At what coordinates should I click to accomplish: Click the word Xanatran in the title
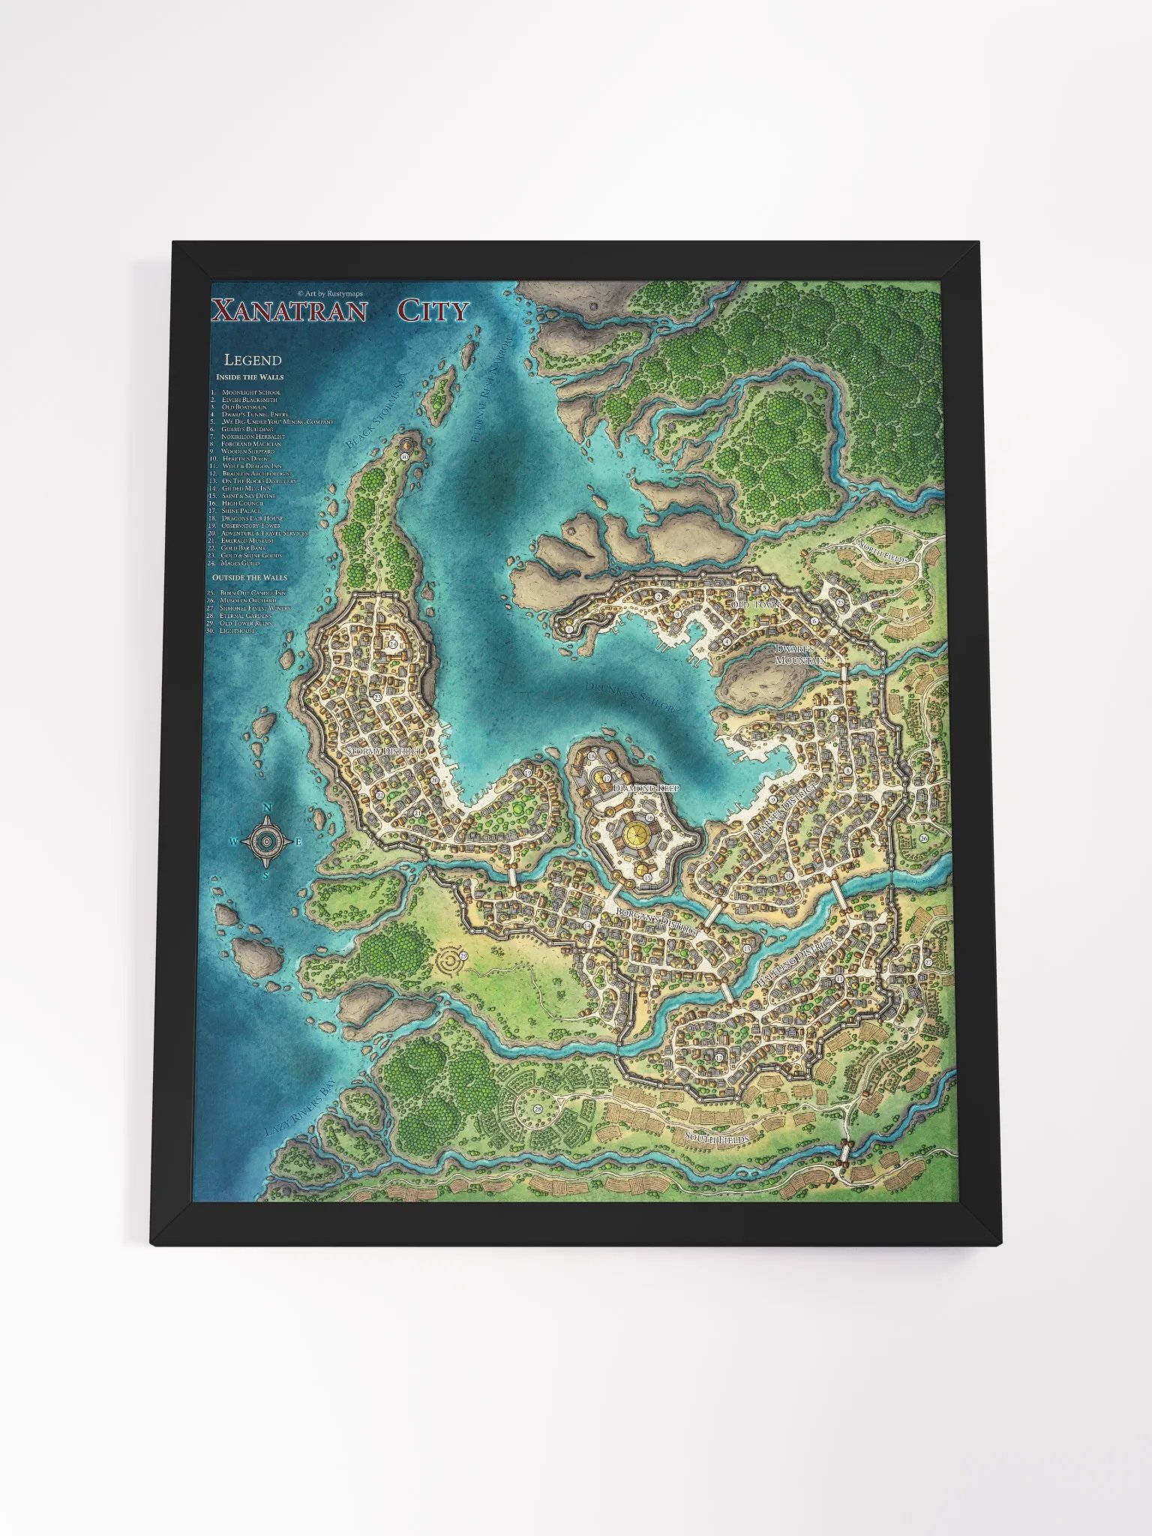point(289,310)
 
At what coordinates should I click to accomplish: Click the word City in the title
point(433,310)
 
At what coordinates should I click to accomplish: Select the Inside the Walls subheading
point(250,377)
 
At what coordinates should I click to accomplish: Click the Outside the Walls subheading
point(250,578)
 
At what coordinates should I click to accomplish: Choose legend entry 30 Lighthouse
point(235,631)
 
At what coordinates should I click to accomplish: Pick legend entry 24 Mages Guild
point(239,562)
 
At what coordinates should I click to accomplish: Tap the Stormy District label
point(384,751)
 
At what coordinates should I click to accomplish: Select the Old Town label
point(756,604)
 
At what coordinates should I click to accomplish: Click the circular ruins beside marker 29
point(450,958)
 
